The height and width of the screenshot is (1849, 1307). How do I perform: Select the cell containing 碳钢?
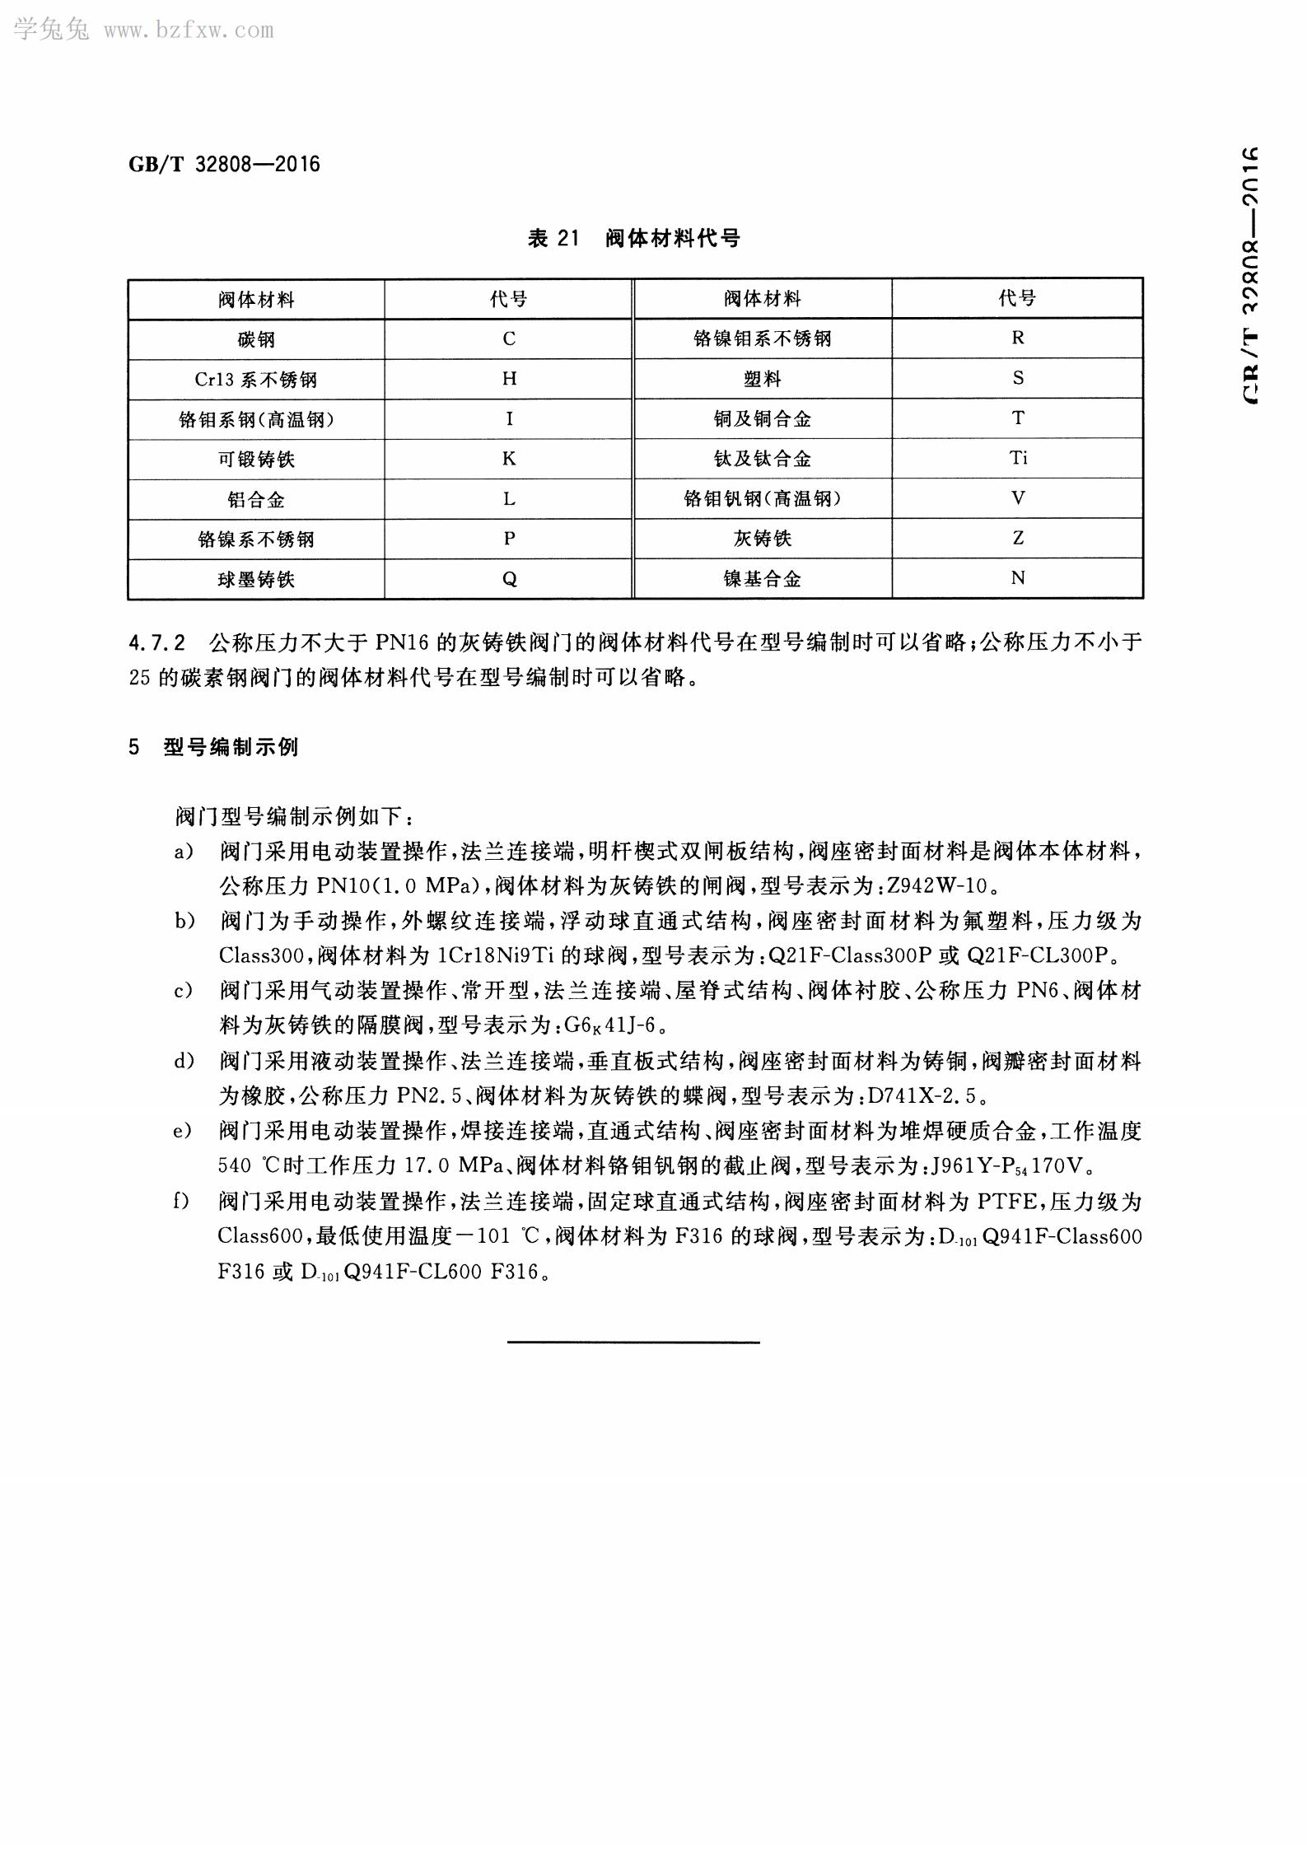(x=256, y=339)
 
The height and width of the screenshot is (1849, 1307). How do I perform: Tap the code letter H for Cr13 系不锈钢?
(x=509, y=379)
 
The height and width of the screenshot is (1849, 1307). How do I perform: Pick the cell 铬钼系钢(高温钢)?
(x=256, y=419)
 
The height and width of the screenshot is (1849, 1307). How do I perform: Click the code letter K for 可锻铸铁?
(x=509, y=459)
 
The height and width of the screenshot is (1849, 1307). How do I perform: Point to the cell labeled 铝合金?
(x=256, y=499)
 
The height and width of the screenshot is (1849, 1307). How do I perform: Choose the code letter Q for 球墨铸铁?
(x=509, y=579)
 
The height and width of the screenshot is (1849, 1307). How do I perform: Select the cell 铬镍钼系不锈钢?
(x=763, y=339)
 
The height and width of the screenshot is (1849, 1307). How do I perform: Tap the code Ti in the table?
(x=1018, y=458)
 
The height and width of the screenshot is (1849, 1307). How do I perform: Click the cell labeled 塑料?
(x=763, y=379)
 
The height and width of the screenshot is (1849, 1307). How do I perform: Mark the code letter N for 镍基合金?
(x=1018, y=578)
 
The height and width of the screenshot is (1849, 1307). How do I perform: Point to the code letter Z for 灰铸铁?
(x=1018, y=538)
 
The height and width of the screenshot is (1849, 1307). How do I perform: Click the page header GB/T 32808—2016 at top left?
(x=224, y=164)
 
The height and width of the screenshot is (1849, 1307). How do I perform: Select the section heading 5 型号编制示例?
(x=213, y=747)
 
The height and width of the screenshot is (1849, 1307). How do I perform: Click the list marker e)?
(x=182, y=1131)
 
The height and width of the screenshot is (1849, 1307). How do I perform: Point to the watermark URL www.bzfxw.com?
(x=189, y=31)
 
